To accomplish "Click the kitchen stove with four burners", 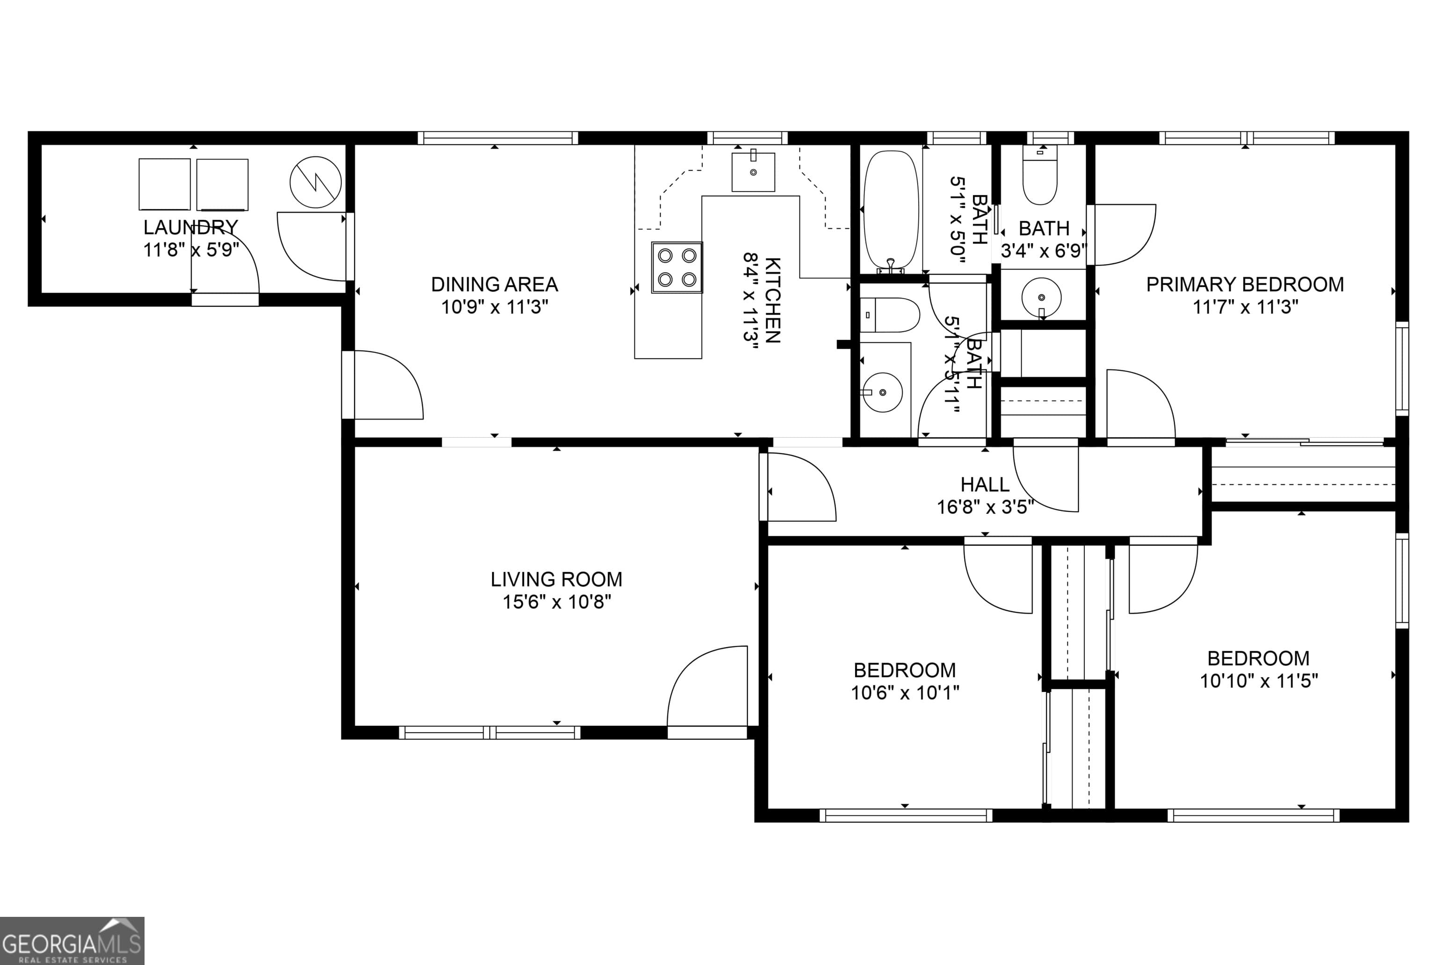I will pos(676,267).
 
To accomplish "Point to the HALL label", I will pos(985,485).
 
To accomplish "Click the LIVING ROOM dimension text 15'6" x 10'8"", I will pos(557,602).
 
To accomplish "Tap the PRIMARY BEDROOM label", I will pos(1244,284).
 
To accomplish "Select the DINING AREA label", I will pos(494,284).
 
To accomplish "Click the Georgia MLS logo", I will pos(72,940).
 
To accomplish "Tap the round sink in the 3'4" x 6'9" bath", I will pos(1041,298).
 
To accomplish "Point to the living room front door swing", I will pos(708,687).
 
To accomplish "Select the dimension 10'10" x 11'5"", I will pos(1258,681).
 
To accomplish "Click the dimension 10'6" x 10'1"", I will pos(904,693).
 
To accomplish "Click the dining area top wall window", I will pos(497,138).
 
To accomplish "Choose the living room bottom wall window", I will pos(489,732).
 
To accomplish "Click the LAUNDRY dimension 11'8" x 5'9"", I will pos(191,250).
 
